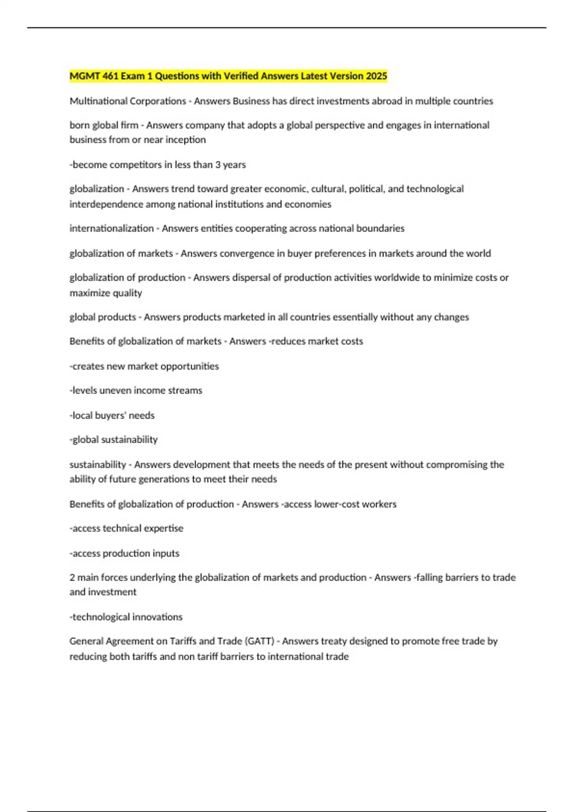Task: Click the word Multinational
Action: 98,101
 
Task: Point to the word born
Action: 79,125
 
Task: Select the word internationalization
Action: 111,228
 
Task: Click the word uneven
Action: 115,390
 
